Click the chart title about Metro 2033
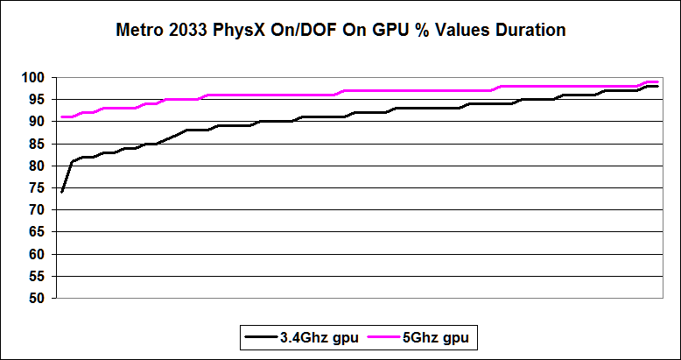point(341,30)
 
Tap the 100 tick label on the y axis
point(33,78)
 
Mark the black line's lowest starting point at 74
point(62,191)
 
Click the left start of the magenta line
point(62,116)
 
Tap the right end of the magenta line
point(657,81)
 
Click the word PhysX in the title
point(260,30)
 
